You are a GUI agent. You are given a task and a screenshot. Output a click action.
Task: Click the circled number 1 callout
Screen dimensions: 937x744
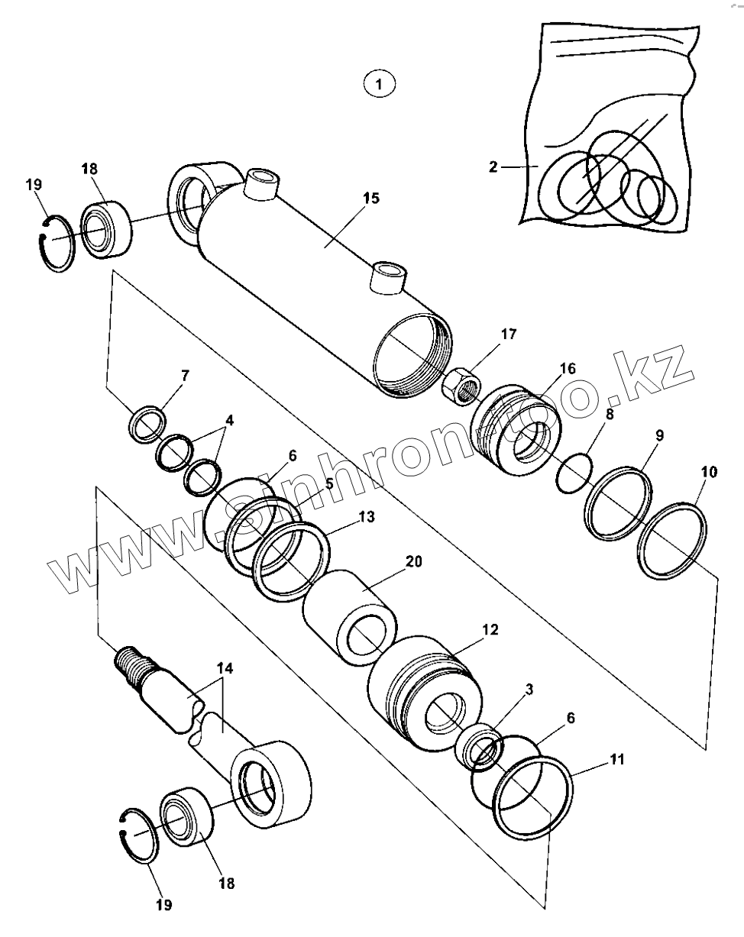coord(380,83)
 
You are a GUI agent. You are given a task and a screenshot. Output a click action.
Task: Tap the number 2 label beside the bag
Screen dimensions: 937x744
coord(493,166)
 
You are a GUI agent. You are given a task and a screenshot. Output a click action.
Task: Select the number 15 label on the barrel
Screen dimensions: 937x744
coord(370,199)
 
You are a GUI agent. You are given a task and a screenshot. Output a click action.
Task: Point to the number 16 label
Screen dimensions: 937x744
coord(567,369)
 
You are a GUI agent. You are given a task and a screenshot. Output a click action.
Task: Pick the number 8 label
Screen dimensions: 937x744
coord(609,415)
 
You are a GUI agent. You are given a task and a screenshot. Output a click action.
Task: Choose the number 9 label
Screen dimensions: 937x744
coord(658,436)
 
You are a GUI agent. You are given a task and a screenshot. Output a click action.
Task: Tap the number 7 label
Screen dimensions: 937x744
coord(184,375)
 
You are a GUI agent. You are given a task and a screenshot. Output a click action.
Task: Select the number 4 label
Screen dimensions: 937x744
coord(229,420)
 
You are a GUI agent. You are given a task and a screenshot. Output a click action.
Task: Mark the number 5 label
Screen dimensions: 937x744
coord(328,483)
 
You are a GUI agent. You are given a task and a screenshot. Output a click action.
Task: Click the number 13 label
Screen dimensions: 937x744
coord(366,517)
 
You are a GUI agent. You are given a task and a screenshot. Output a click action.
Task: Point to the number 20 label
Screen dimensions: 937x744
coord(412,561)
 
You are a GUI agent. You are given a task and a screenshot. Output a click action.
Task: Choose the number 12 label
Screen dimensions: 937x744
coord(489,630)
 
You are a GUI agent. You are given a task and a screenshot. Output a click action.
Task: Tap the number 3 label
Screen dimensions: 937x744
coord(529,690)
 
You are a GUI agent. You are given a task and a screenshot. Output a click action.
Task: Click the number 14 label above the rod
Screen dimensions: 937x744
coord(224,668)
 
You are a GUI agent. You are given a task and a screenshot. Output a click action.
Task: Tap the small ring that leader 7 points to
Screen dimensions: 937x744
coord(147,424)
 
